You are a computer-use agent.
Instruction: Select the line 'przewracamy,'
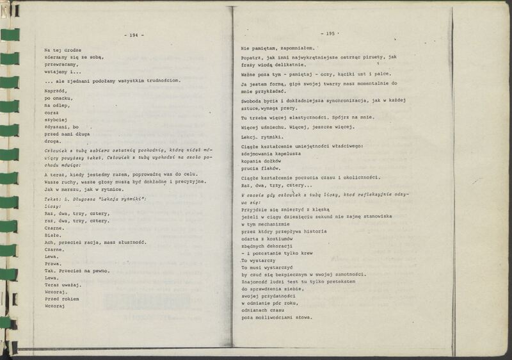tap(61, 65)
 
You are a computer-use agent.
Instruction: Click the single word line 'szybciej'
tap(56, 119)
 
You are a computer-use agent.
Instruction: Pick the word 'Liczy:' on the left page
tap(53, 207)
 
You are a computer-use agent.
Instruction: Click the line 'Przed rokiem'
tap(61, 299)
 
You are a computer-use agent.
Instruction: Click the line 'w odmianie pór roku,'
tap(269, 302)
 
